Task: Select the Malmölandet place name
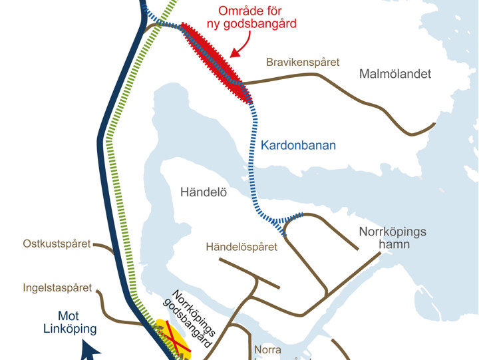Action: click(x=395, y=74)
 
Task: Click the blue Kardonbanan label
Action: click(x=298, y=145)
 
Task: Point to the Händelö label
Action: click(x=204, y=193)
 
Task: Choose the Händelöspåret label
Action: click(x=241, y=248)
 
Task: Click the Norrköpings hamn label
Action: click(x=393, y=238)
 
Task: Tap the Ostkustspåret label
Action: click(x=57, y=244)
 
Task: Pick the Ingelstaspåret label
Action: click(x=57, y=289)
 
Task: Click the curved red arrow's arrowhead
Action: click(x=231, y=55)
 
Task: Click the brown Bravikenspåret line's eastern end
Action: click(x=434, y=124)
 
